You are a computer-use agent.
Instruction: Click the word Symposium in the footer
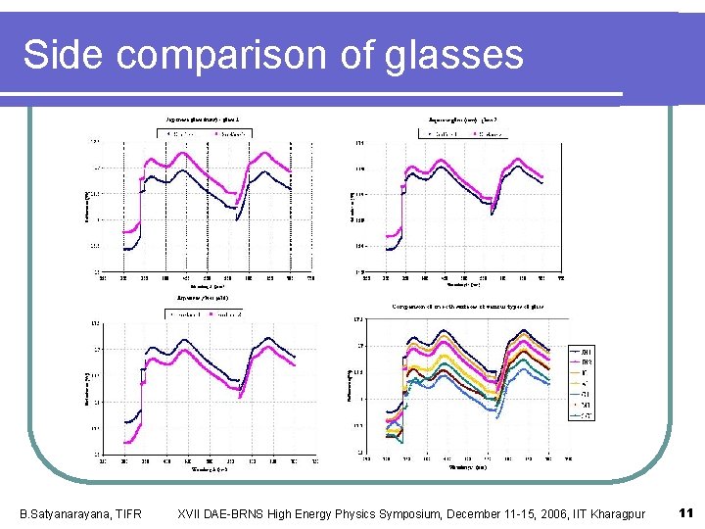(x=387, y=514)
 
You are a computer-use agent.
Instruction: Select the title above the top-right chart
(x=469, y=119)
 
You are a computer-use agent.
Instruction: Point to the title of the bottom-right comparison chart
(x=468, y=307)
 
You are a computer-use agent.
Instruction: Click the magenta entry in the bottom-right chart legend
(x=587, y=361)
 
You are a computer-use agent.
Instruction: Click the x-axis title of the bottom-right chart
(x=460, y=467)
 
